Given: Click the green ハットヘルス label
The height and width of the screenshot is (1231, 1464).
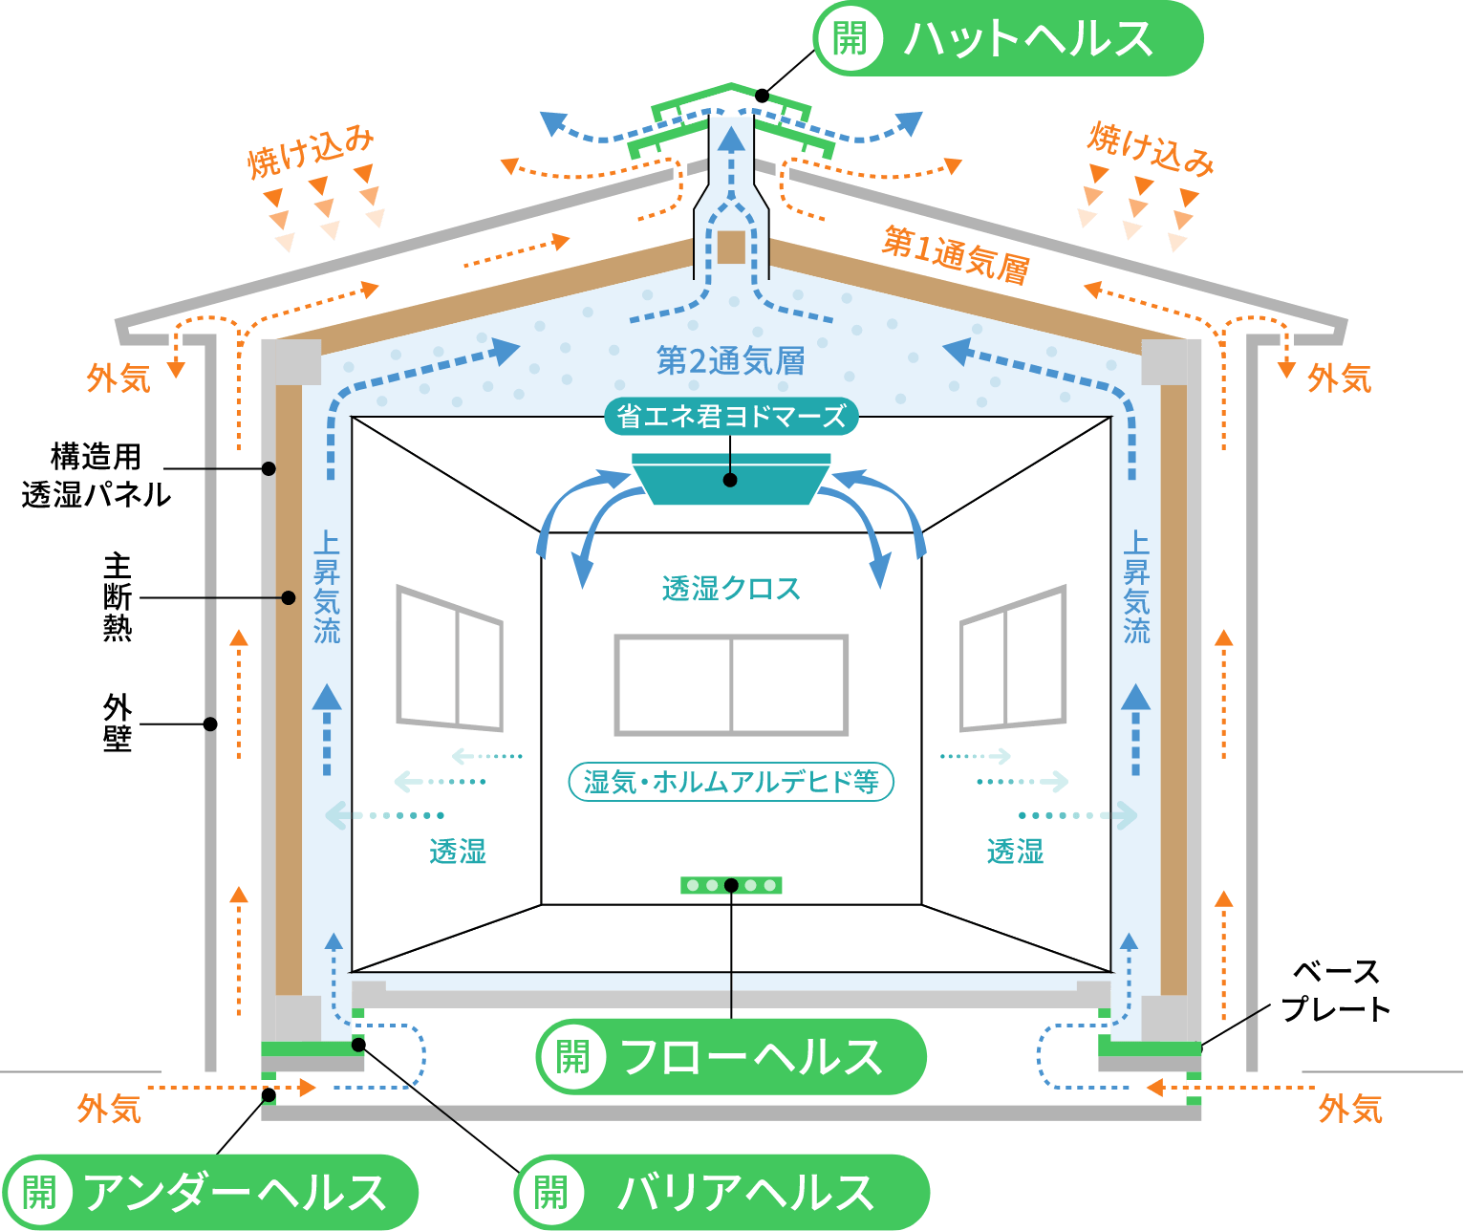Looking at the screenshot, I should [1007, 39].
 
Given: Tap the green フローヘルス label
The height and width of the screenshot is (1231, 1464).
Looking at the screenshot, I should [731, 1057].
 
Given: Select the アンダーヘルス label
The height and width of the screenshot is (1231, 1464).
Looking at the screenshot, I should [210, 1192].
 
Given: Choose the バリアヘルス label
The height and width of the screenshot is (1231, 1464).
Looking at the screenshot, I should [722, 1192].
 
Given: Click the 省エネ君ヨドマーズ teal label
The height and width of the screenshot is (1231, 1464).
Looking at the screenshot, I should [731, 417].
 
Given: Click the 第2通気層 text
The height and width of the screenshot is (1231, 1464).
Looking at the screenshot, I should [731, 361].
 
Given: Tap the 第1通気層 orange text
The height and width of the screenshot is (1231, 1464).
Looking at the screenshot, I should [955, 254].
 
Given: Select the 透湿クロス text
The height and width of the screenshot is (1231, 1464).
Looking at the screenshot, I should [731, 588].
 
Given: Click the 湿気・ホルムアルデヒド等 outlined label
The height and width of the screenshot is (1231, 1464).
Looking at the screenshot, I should [731, 782].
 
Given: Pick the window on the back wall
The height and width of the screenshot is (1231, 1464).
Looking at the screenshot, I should [731, 684].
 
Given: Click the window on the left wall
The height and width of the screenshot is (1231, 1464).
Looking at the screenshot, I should [450, 659].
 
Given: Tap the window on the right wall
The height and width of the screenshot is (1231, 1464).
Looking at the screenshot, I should [1013, 659].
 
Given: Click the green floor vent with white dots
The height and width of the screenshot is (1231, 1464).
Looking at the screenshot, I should [731, 885].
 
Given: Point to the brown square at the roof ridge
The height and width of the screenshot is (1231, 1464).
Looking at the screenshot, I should [731, 247].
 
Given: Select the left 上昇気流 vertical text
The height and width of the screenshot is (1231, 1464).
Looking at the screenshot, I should [327, 587].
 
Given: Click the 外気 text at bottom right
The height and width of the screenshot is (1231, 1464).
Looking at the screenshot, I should [1350, 1109].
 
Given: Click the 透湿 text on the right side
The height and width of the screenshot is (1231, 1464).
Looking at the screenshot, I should [1015, 851].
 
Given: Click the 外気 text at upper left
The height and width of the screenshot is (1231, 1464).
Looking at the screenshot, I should [118, 378].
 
